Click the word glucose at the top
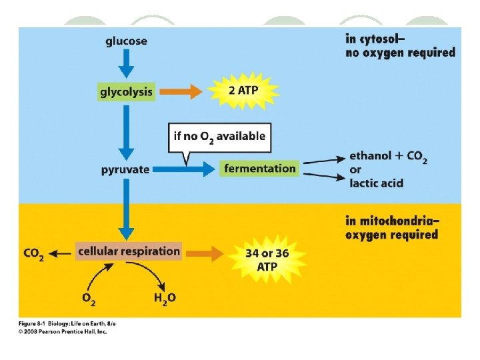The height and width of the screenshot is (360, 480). [x=126, y=41]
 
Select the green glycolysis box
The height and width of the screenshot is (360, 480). [x=127, y=92]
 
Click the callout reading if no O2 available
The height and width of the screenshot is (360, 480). [x=219, y=137]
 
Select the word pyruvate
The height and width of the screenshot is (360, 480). [x=125, y=169]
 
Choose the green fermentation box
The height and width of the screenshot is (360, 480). [x=259, y=168]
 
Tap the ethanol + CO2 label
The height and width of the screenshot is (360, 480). [x=388, y=157]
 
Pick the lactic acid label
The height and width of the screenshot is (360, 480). [x=376, y=183]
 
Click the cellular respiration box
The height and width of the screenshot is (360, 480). [x=129, y=251]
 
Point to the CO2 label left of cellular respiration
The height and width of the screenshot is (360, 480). [x=33, y=253]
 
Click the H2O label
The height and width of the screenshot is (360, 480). [x=164, y=298]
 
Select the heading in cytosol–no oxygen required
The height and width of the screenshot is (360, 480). [x=400, y=45]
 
